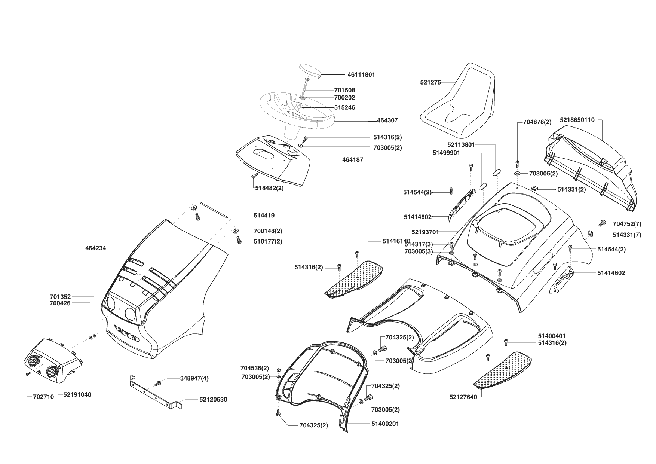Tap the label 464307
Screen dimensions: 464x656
pos(387,120)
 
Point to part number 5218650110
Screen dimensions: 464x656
pos(577,120)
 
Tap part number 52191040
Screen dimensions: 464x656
pos(77,394)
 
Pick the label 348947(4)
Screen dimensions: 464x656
pos(194,378)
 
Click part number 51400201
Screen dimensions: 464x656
pos(385,424)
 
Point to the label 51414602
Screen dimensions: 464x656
pos(611,273)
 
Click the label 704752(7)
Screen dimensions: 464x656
pos(627,224)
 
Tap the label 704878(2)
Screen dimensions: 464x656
pos(537,122)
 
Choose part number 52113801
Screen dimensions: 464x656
pos(461,144)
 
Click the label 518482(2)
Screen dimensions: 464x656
pos(269,188)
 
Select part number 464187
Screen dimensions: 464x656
pos(352,159)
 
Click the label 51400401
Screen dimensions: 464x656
pos(552,336)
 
